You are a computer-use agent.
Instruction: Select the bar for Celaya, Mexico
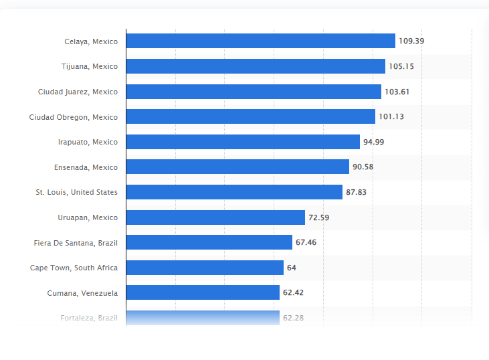click(260, 41)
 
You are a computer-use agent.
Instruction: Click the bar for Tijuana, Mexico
click(256, 66)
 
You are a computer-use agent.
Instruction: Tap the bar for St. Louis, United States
click(234, 192)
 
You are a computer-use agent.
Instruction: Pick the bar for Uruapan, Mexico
click(215, 217)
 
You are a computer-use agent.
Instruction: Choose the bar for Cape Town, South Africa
click(205, 268)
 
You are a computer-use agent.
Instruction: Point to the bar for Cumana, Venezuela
click(203, 292)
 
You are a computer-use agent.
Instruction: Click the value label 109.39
click(411, 41)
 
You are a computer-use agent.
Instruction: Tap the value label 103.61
click(397, 92)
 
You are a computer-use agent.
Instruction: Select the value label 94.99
click(373, 142)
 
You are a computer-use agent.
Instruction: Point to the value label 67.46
click(306, 242)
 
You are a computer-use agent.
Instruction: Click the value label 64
click(292, 268)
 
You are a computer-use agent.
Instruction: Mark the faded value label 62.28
click(293, 318)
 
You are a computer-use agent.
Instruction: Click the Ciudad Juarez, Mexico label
click(78, 92)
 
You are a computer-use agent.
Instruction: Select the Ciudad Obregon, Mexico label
click(73, 117)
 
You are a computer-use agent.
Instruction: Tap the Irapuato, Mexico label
click(88, 142)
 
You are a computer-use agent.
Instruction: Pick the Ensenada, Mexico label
click(86, 167)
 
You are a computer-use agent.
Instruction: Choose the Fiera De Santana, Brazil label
click(76, 242)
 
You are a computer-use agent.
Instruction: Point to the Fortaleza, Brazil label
click(89, 318)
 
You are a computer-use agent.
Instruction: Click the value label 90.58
click(363, 167)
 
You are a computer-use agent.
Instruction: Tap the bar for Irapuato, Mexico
click(243, 142)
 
